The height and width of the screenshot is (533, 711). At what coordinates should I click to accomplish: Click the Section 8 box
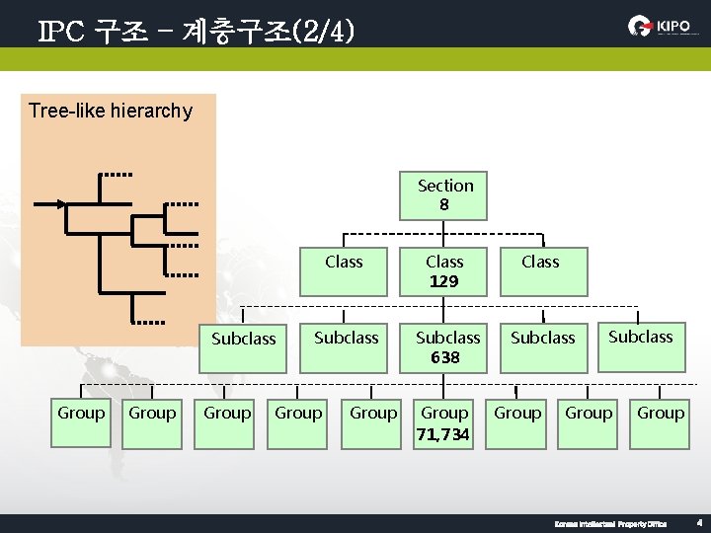(x=444, y=195)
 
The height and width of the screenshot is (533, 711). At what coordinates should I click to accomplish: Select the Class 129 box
(x=444, y=271)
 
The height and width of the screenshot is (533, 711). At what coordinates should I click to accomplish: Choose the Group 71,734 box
(x=444, y=423)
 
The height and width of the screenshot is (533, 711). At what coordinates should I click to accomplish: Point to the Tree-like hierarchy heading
(x=111, y=111)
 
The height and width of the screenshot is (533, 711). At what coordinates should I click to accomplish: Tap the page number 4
(x=698, y=523)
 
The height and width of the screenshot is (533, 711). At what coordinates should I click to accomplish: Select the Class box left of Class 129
(x=344, y=271)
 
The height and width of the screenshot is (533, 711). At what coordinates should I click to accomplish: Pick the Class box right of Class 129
(x=540, y=271)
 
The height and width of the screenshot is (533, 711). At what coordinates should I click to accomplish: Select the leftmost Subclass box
(x=244, y=347)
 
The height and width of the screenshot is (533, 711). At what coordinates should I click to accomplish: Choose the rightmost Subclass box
(x=640, y=346)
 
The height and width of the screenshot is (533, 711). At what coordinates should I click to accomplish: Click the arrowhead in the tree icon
(x=60, y=204)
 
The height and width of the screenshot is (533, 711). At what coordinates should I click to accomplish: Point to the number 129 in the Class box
(x=444, y=281)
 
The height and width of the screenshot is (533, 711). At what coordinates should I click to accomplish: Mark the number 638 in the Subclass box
(x=445, y=357)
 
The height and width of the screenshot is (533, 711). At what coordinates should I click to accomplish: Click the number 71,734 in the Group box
(x=444, y=433)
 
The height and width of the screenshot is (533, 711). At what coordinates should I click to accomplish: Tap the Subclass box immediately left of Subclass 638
(x=346, y=347)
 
